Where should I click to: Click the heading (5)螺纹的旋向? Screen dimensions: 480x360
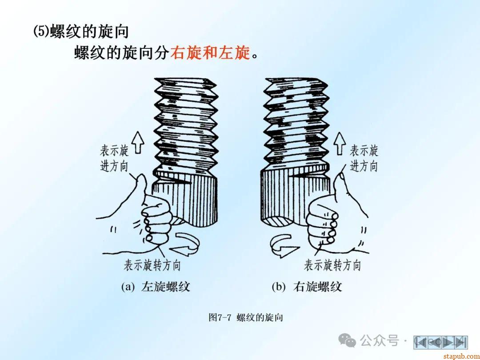81,31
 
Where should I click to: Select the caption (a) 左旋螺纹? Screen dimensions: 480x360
156,287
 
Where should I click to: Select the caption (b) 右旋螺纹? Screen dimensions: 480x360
307,287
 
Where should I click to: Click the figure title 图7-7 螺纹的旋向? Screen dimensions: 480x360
245,317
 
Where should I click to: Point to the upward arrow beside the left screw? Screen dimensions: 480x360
138,142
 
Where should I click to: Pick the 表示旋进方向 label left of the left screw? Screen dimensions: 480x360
114,159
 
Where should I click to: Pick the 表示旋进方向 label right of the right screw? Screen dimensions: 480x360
364,159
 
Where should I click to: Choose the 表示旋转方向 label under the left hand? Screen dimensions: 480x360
152,265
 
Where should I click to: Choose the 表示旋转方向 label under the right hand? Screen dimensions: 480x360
332,265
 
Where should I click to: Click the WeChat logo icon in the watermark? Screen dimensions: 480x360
347,340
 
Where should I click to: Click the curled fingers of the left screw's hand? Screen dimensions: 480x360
156,220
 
